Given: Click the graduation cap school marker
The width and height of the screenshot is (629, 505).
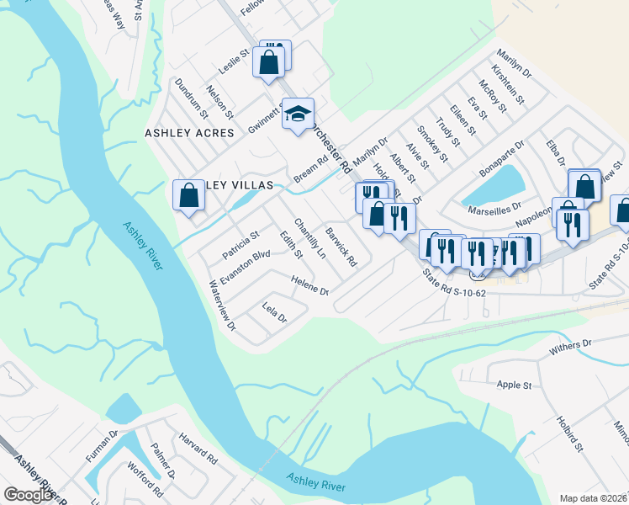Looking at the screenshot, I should coord(297,114).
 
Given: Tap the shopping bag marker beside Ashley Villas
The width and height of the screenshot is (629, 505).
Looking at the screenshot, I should coord(189,196).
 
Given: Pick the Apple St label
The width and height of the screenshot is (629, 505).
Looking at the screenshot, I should coord(515,385).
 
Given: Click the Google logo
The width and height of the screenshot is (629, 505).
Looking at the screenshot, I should coord(29,495).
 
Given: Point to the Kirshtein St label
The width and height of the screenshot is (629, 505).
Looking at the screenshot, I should coord(509,88).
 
